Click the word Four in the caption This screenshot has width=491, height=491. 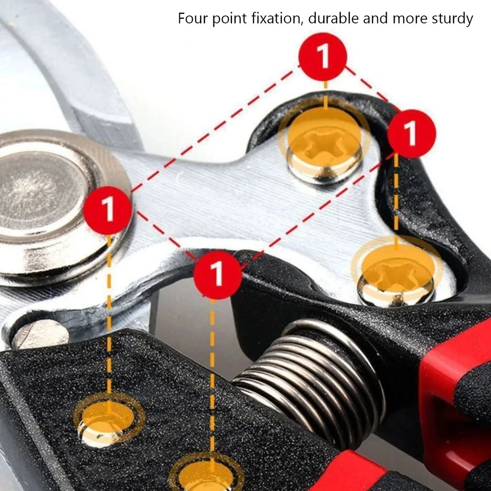click(x=193, y=18)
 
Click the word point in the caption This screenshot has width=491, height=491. click(x=230, y=19)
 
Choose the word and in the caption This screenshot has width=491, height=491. click(x=375, y=18)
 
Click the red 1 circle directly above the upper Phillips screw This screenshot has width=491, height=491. click(x=323, y=57)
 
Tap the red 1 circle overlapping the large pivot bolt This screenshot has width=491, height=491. click(x=107, y=210)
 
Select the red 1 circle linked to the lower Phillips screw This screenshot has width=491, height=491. click(x=411, y=134)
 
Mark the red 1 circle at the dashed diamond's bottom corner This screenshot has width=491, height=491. click(x=217, y=275)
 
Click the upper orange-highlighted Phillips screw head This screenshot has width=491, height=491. click(x=325, y=150)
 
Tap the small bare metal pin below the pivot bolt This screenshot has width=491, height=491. click(x=40, y=334)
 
